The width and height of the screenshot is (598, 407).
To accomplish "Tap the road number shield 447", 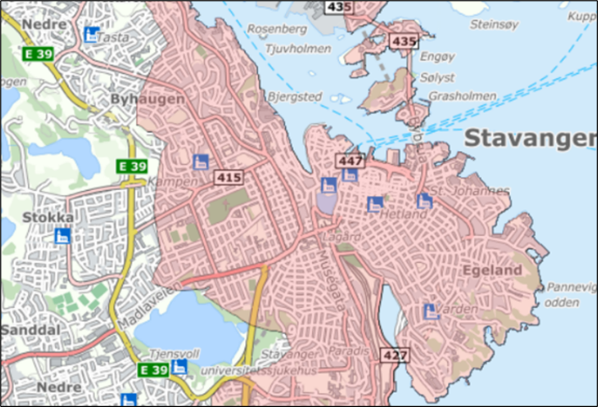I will (349, 161).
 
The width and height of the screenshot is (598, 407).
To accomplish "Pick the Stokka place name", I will (48, 218).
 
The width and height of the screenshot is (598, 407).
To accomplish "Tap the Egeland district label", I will (491, 270).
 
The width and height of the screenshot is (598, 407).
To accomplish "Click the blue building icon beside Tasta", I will (92, 34).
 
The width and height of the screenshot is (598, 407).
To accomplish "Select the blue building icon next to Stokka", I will (63, 236).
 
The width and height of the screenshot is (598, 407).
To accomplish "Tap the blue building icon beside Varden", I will (430, 311).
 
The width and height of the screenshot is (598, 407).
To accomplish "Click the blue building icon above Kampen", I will (200, 161).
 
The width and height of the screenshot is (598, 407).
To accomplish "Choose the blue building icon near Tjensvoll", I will (178, 367).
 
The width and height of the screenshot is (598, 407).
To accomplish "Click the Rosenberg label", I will (277, 29).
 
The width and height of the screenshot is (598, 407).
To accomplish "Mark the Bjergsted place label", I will (295, 97).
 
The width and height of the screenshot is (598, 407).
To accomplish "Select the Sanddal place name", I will (29, 330).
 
